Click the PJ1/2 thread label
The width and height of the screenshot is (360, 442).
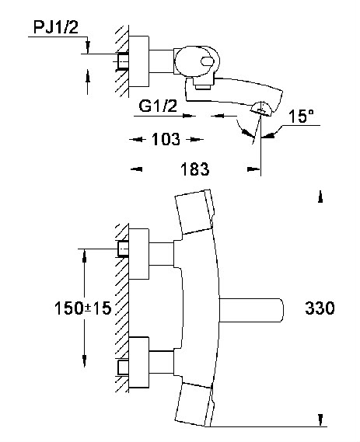tap(55, 28)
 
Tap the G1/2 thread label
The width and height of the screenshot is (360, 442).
tap(158, 106)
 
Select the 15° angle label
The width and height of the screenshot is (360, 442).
tap(301, 116)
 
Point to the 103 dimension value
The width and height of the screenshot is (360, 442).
tap(166, 139)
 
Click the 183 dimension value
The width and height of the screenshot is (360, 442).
tap(195, 169)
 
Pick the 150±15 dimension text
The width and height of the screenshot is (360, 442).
tap(83, 308)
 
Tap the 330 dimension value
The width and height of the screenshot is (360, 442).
tap(320, 308)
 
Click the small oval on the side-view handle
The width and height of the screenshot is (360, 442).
tap(207, 61)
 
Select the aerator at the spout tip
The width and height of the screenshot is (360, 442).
tap(262, 108)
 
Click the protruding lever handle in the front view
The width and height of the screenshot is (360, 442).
tap(251, 310)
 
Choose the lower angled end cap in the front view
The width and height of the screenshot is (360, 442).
tap(194, 405)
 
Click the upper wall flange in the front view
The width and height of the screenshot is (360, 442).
tap(138, 254)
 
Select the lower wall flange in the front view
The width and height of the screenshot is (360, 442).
tap(138, 363)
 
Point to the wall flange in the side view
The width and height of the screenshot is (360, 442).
tap(139, 61)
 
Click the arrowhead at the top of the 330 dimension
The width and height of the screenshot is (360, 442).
tap(320, 197)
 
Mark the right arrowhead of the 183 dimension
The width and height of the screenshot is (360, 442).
tap(253, 169)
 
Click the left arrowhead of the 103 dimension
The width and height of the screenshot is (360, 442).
tap(136, 139)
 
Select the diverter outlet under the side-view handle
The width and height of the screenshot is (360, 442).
tap(203, 84)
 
